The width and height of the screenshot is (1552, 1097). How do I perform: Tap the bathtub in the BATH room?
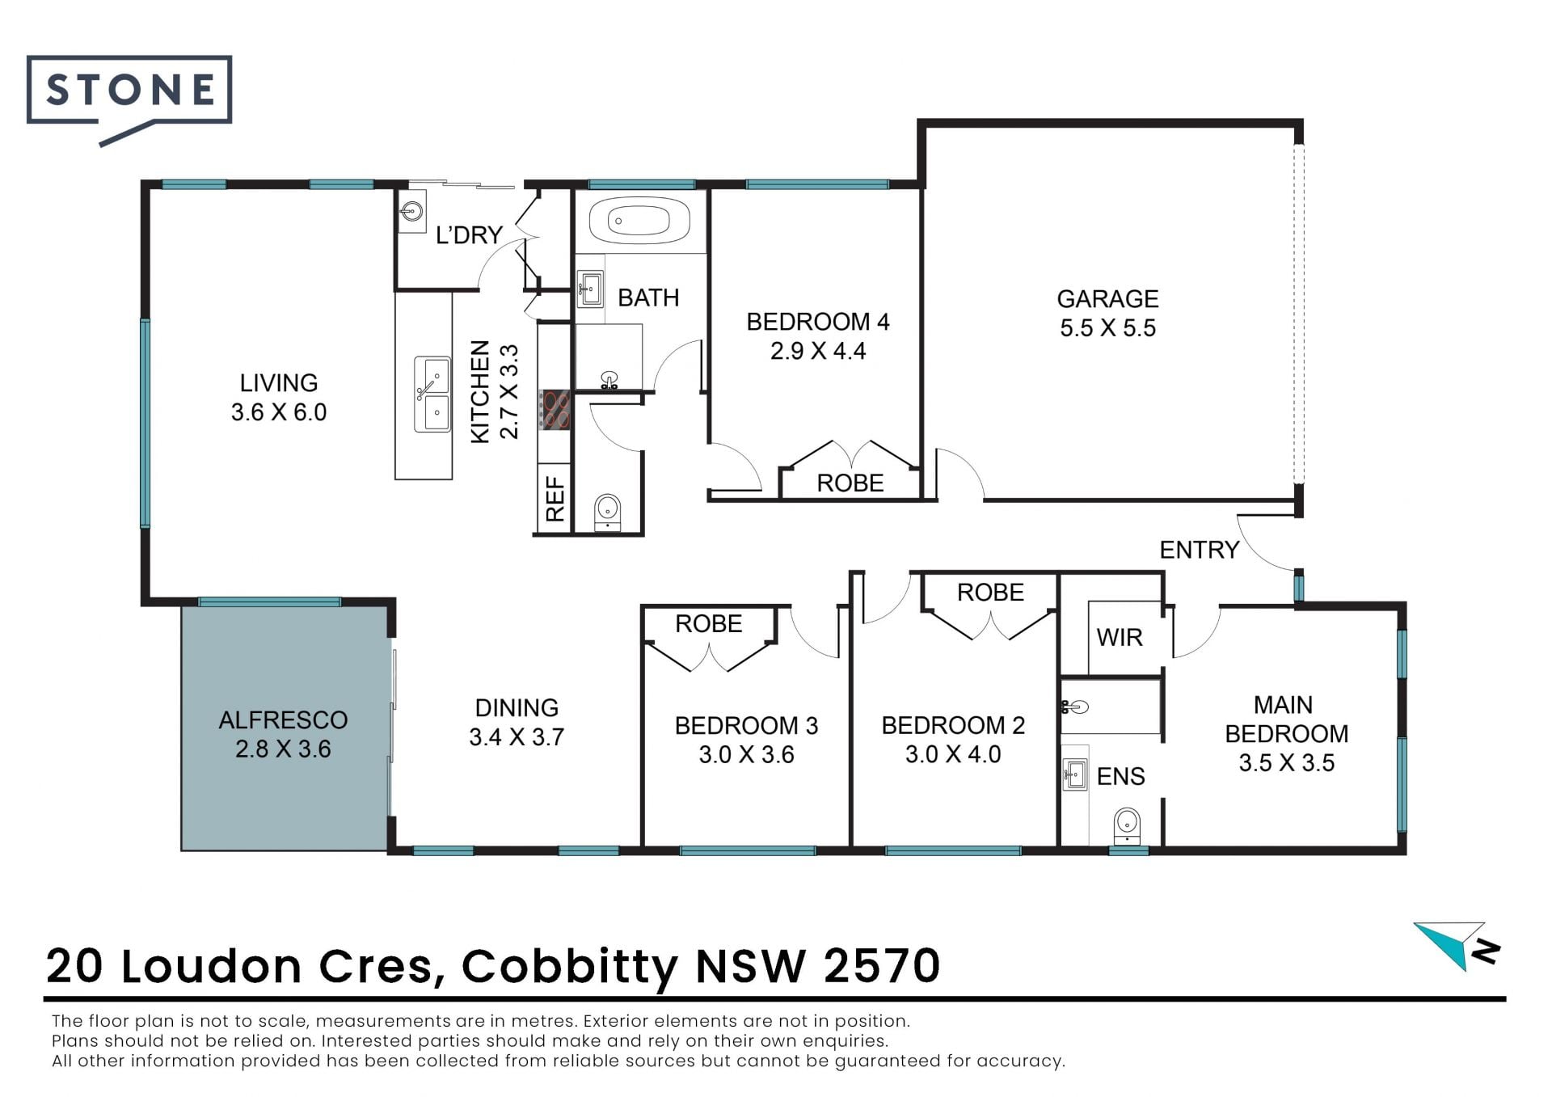coord(639,219)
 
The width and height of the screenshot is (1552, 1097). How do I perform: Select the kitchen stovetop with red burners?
coord(555,409)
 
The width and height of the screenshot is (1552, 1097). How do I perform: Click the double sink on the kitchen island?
coord(432,395)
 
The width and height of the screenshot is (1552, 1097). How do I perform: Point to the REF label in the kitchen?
coord(555,499)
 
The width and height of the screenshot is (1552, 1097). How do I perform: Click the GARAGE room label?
coord(1107,299)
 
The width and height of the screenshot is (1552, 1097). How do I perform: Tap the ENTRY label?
coord(1199,550)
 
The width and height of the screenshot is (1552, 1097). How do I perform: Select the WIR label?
coord(1120,638)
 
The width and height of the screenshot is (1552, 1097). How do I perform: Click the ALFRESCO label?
coord(283,719)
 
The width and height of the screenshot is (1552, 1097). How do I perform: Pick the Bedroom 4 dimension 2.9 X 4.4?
coord(818,351)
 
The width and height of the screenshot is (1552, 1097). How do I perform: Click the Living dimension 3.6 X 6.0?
coord(279,412)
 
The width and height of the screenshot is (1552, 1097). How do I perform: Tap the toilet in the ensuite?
coord(1127,825)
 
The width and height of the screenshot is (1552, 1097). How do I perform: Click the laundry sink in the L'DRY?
coord(412,212)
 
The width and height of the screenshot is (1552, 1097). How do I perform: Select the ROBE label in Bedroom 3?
coord(709,624)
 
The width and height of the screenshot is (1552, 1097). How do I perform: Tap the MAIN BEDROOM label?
coord(1286,719)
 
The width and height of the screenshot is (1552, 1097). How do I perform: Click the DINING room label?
coord(517,708)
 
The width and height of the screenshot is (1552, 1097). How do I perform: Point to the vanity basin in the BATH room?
coord(590,289)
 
